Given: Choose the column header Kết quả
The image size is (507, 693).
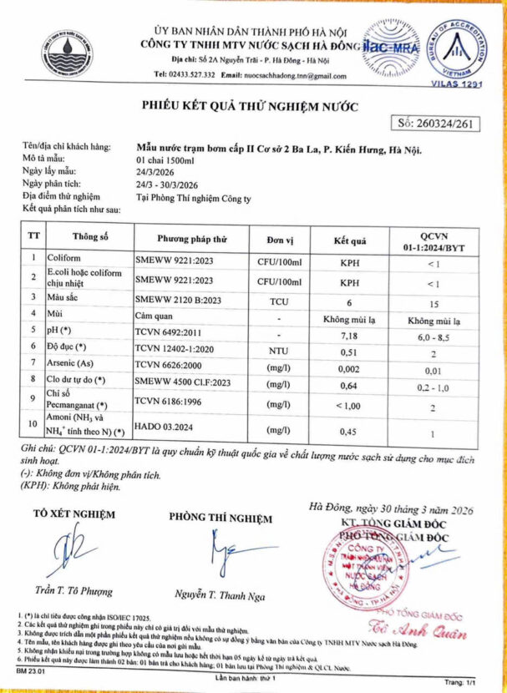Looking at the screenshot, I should click(350, 240).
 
